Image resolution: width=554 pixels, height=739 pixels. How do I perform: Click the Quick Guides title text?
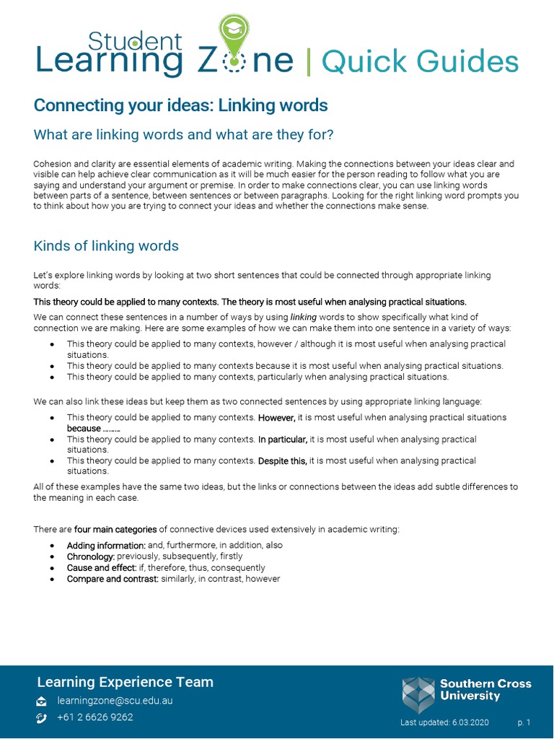420,62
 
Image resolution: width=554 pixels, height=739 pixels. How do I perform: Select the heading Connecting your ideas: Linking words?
180,105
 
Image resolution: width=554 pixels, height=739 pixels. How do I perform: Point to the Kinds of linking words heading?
106,246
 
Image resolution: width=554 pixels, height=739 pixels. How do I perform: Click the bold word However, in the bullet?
277,418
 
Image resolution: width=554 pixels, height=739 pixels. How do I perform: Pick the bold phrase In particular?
283,440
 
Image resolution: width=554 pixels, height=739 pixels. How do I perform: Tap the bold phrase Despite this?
282,461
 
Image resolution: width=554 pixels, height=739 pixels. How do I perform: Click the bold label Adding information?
106,546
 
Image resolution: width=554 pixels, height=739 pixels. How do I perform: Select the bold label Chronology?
91,556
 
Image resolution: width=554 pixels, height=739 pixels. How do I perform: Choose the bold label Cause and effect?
101,568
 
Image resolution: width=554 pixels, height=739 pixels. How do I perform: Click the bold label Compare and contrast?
113,579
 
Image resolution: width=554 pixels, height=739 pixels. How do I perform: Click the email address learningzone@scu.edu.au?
115,701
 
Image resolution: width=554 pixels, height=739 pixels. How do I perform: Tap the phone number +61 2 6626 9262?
95,717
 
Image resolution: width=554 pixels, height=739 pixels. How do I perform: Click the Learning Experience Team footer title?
125,682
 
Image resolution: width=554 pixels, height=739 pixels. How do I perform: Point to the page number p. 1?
524,722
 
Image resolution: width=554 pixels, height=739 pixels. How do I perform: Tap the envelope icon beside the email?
42,701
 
